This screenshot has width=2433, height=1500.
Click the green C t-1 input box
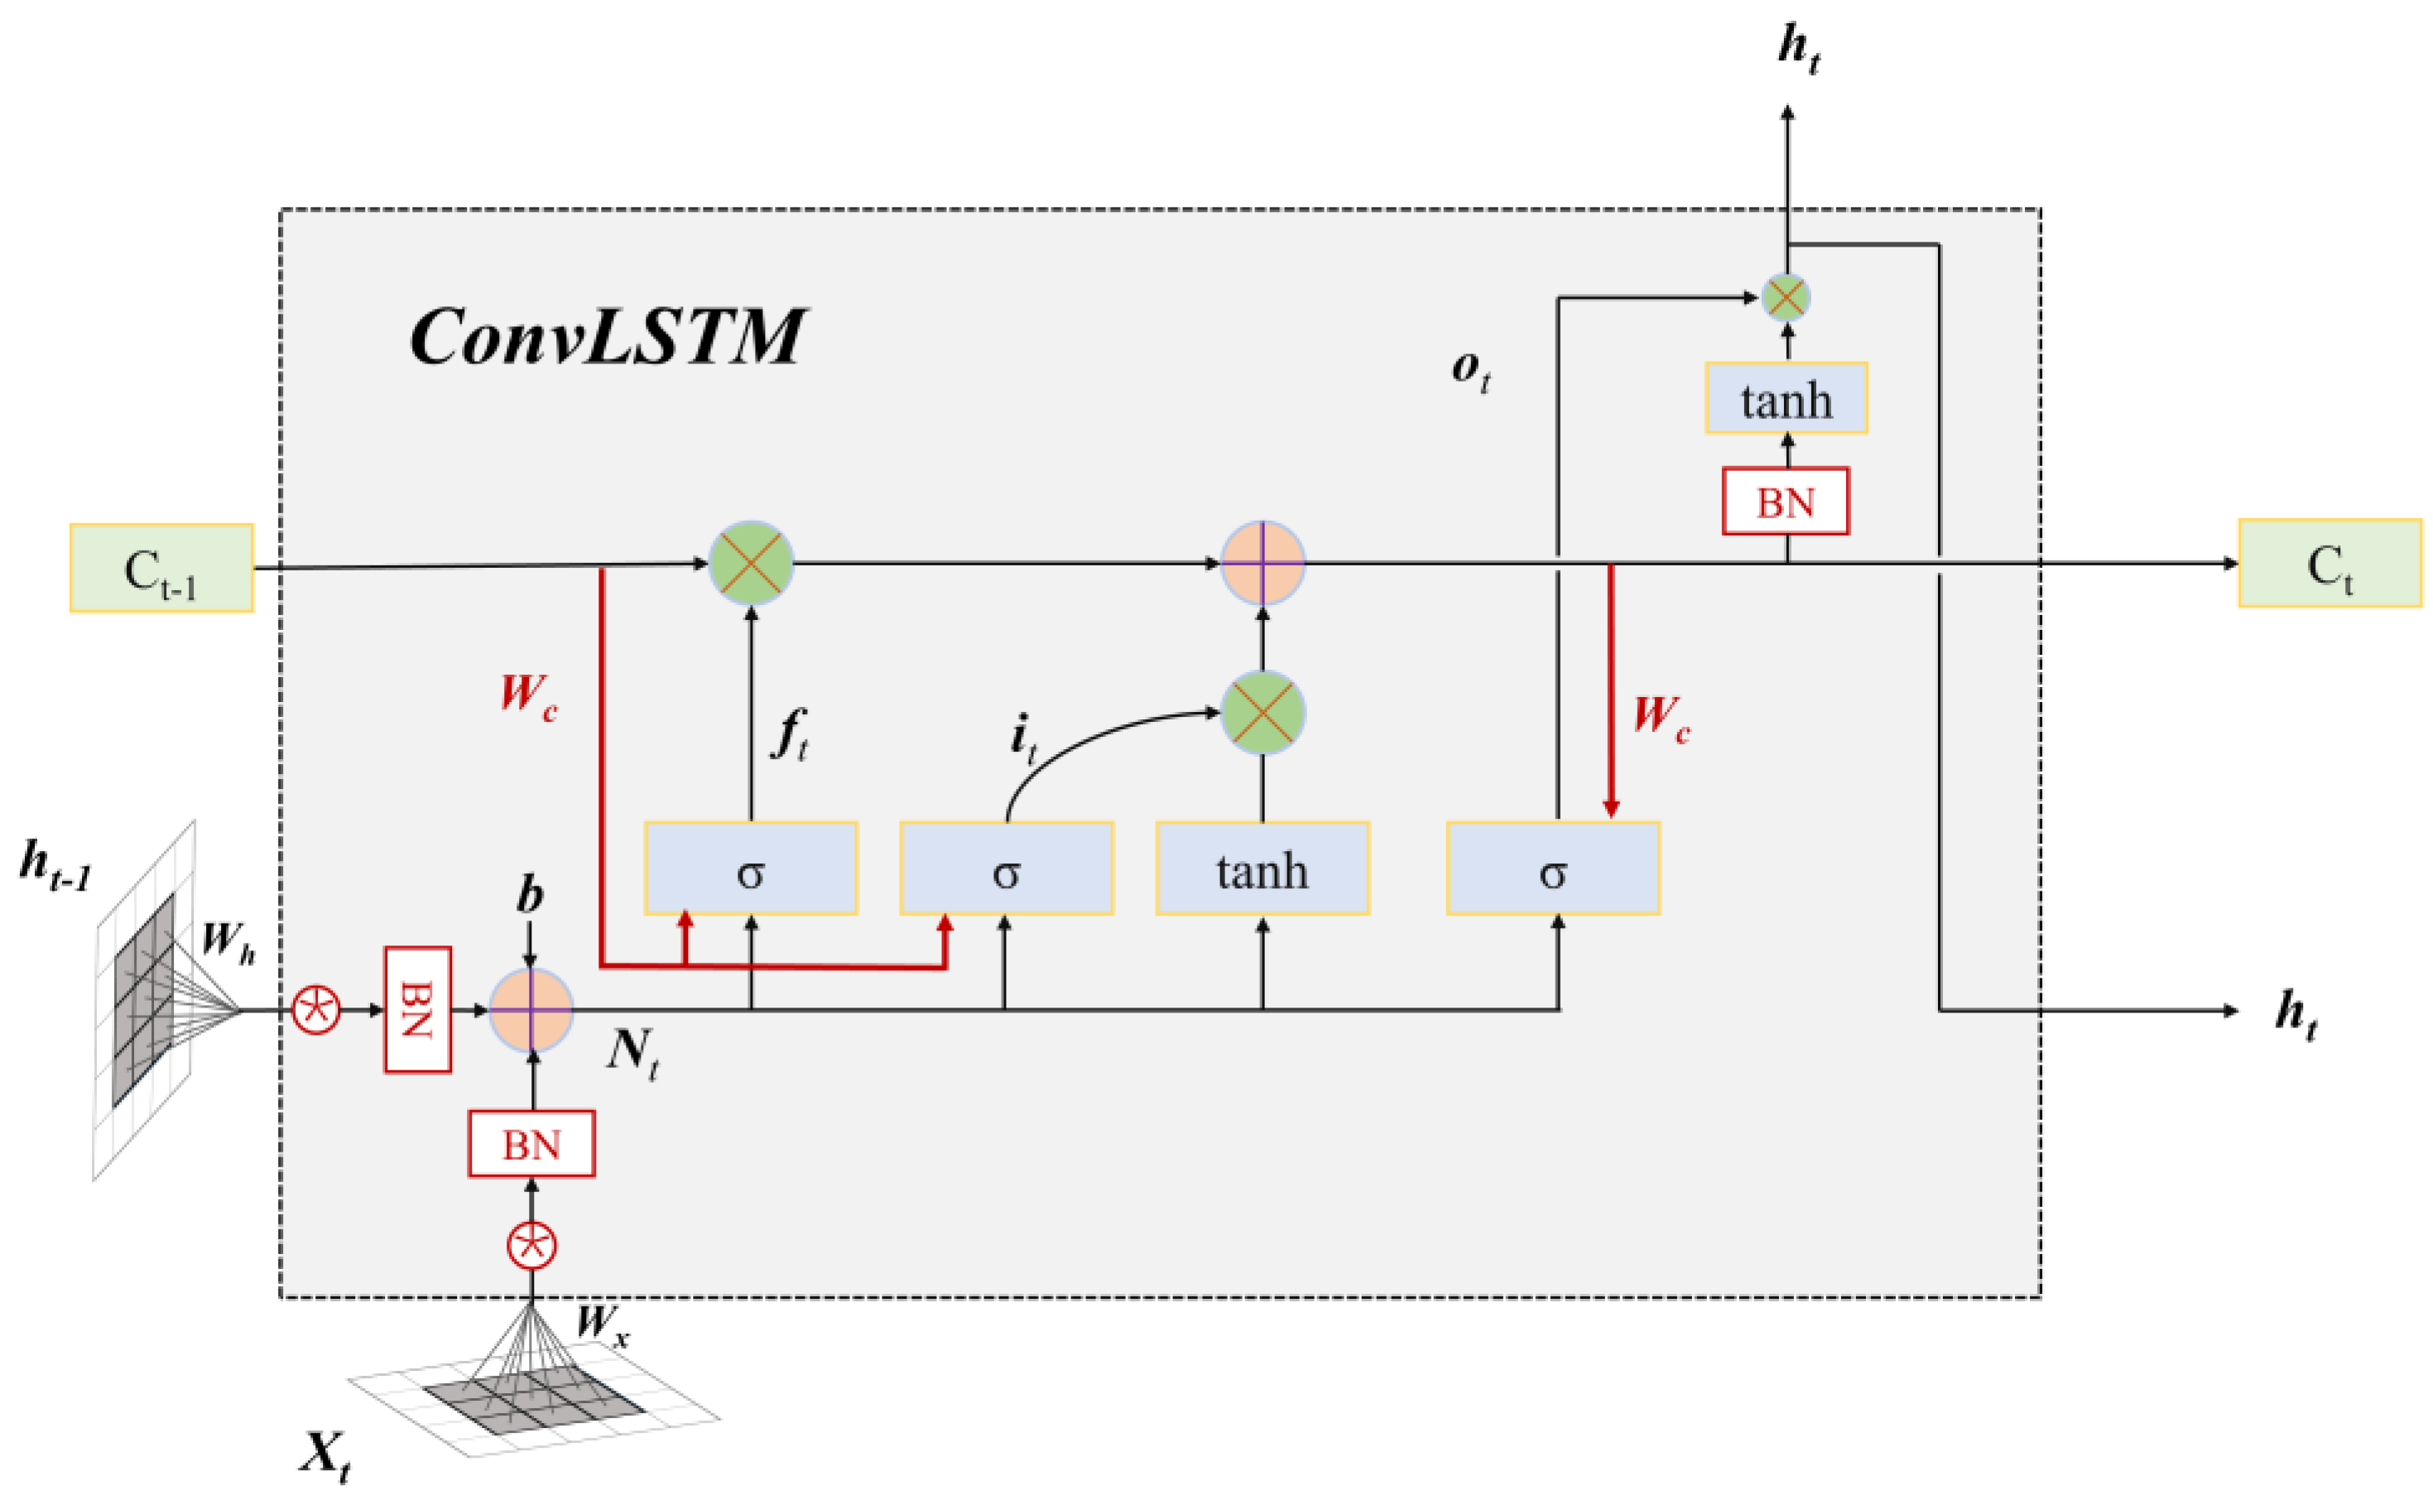[x=161, y=567]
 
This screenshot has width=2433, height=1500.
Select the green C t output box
[x=2329, y=564]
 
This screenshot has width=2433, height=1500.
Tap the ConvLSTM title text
[x=606, y=337]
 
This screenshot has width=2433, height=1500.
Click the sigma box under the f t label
[x=750, y=868]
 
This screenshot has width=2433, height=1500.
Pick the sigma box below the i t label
[x=1006, y=868]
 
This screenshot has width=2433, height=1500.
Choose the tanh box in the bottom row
[x=1262, y=868]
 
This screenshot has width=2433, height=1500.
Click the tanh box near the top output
[x=1786, y=398]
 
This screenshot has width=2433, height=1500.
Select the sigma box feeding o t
[x=1552, y=868]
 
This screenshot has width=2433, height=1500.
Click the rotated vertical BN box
[x=417, y=1010]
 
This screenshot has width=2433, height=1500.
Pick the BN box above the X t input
[x=531, y=1144]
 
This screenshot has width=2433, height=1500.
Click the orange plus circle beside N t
[x=531, y=1010]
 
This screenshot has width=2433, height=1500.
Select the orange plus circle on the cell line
[x=1262, y=563]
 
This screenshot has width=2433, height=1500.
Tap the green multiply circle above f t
[x=751, y=563]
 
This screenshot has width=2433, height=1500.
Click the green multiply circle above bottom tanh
[x=1262, y=712]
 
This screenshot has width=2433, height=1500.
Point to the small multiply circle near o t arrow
[x=1786, y=296]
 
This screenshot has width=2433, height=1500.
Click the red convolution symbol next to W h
[x=316, y=1010]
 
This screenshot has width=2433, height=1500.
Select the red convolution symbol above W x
[x=531, y=1245]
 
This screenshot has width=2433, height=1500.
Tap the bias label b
[x=530, y=894]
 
